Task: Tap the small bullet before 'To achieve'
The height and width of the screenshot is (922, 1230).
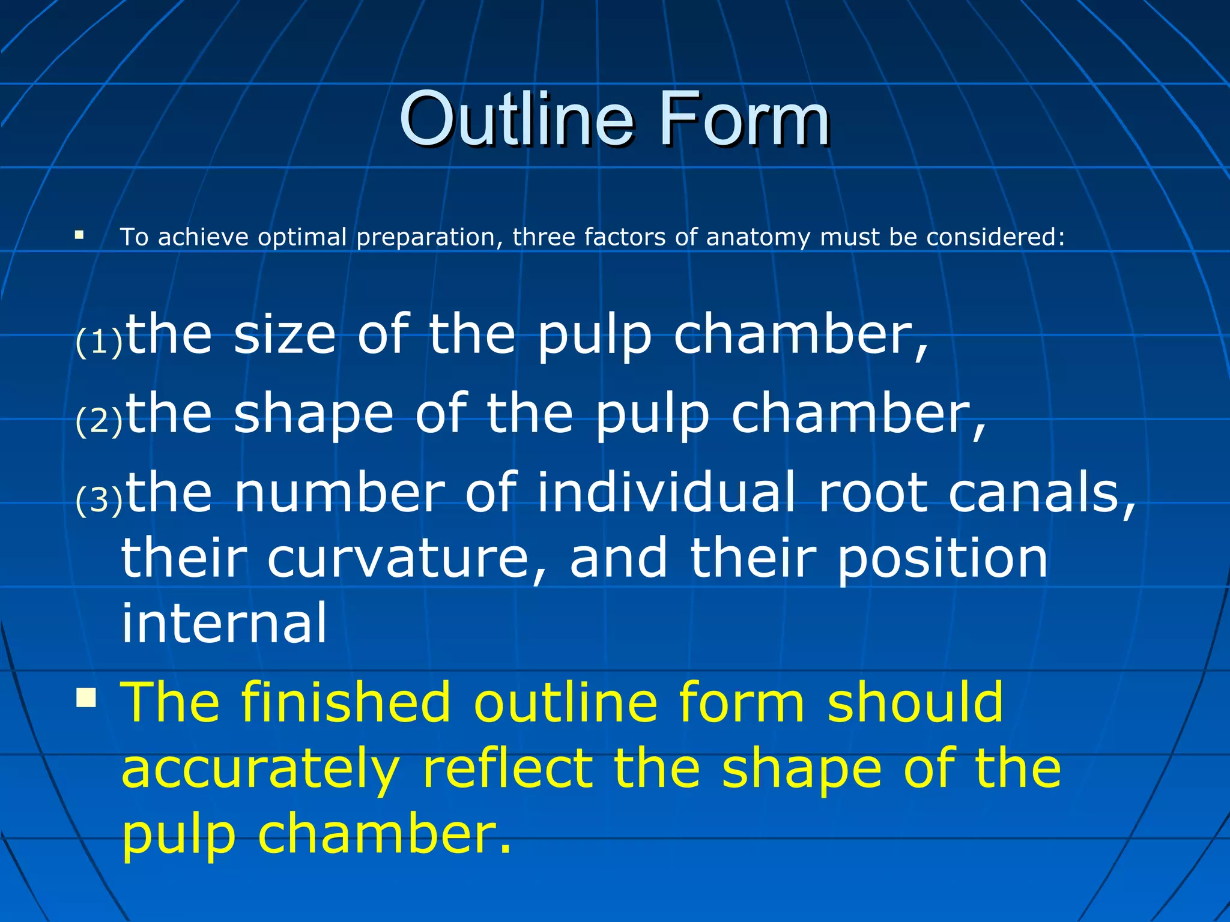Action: click(79, 235)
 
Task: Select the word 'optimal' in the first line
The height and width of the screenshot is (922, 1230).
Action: click(302, 237)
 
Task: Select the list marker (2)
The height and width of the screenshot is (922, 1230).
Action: click(99, 421)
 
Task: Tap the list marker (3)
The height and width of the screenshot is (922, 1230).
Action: click(99, 500)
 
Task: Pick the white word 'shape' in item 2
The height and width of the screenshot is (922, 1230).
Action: click(314, 415)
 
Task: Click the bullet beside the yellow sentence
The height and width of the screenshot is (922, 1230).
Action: click(86, 698)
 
